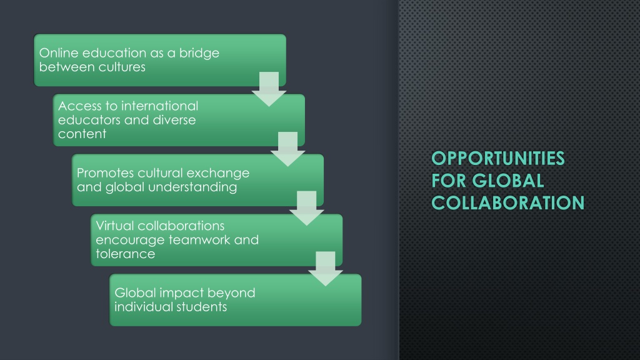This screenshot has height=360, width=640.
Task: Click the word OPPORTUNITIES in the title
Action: (x=498, y=158)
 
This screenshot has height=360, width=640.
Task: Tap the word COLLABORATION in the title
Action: (x=507, y=203)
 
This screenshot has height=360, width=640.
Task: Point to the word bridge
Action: (x=199, y=54)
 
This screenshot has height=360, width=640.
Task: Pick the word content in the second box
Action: (x=82, y=134)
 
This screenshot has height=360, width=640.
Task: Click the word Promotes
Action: (x=105, y=173)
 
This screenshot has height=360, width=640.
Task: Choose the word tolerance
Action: (x=125, y=254)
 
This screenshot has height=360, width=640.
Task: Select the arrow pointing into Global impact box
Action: (x=325, y=269)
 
